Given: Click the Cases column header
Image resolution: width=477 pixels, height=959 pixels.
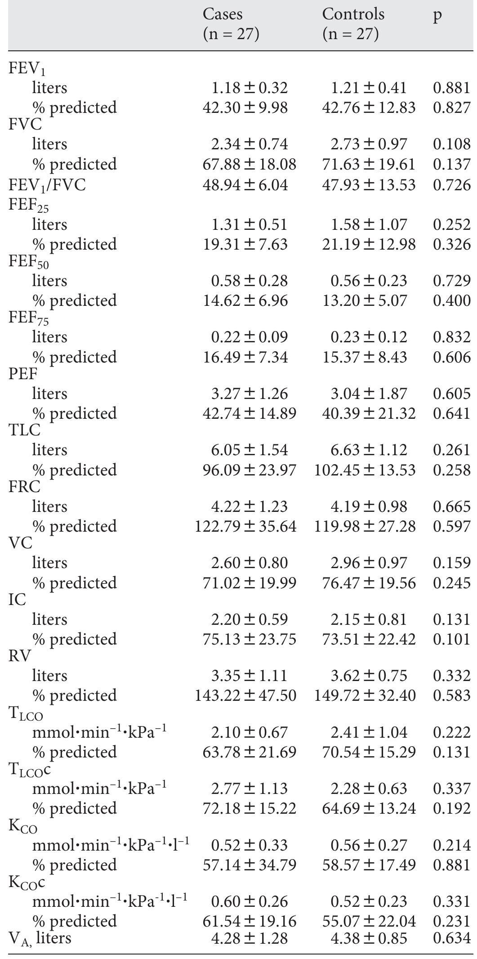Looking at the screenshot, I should point(231,24).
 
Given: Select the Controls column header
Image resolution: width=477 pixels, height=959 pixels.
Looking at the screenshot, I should point(353,24).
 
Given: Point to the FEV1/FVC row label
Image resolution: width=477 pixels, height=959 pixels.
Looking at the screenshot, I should point(47,185).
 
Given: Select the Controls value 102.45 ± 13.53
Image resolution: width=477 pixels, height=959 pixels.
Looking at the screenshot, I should point(365,470).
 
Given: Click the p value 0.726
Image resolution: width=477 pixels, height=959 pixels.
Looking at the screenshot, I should point(451,185).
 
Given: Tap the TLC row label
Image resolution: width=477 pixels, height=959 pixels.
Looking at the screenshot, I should point(24,430).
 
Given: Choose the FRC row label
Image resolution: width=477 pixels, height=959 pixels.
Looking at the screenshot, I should point(24,487).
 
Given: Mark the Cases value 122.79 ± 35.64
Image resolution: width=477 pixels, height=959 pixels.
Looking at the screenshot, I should point(245,526).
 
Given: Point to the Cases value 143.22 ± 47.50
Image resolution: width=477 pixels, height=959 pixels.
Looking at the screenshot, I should point(245,695).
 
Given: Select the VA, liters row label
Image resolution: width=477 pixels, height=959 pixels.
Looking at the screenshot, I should point(40,938).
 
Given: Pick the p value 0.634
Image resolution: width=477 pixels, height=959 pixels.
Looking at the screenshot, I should point(451,938).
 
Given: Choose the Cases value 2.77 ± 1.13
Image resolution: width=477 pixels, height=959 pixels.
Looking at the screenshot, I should point(249,789).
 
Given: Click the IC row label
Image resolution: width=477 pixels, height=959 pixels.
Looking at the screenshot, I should point(17,600).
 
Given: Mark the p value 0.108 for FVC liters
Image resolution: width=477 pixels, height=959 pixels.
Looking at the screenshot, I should point(451,144).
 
